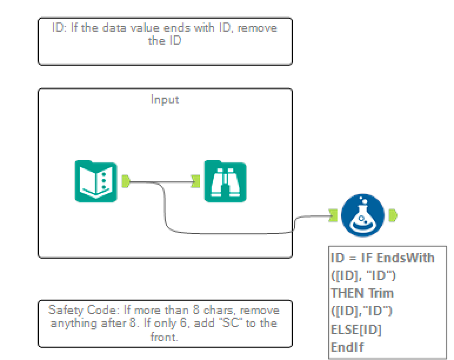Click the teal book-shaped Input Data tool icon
pyautogui.click(x=96, y=181)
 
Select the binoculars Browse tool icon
pyautogui.click(x=225, y=181)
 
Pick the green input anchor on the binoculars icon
pyautogui.click(x=196, y=182)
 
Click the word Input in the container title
pyautogui.click(x=165, y=99)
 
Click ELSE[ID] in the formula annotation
pyautogui.click(x=356, y=329)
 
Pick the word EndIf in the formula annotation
pyautogui.click(x=347, y=347)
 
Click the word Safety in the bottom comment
pyautogui.click(x=63, y=310)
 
